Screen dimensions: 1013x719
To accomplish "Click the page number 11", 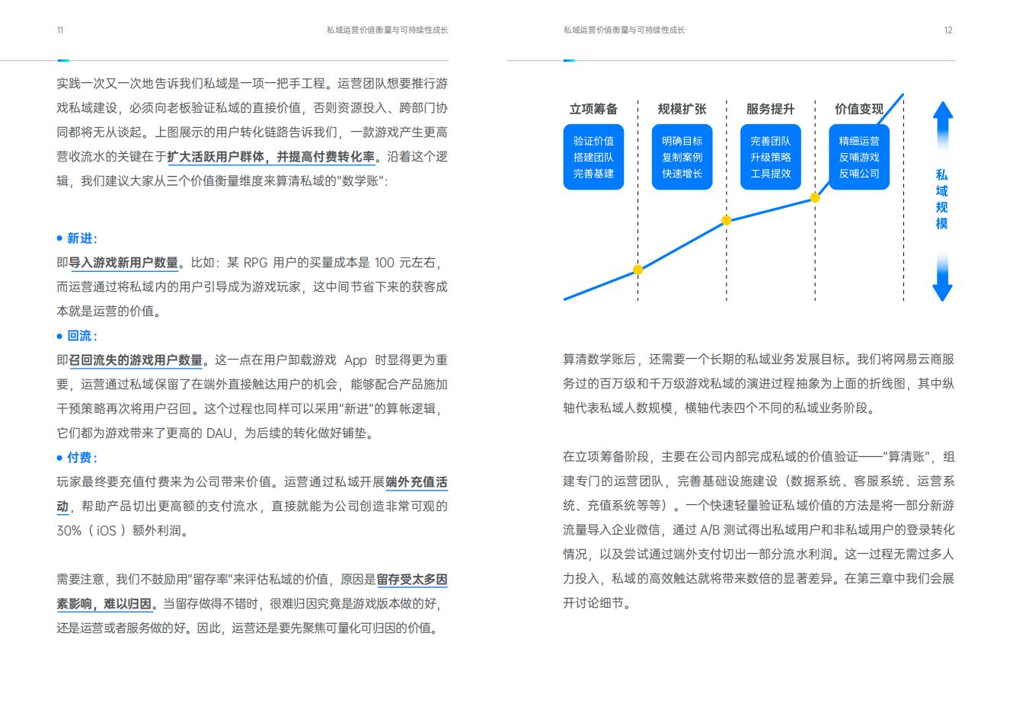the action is coord(60,30).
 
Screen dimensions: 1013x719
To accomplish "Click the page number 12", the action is coord(948,30).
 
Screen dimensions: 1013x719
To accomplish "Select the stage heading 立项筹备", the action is coord(593,109).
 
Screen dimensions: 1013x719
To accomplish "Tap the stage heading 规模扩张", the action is coord(682,109).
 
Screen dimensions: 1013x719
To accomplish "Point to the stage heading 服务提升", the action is coord(770,109).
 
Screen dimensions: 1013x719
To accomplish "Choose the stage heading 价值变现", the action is coord(859,109).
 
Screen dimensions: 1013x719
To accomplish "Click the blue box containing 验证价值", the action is coord(593,157).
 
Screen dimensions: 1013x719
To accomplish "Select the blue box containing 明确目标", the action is coord(682,157).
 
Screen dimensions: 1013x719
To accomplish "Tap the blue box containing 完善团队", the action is coord(770,157).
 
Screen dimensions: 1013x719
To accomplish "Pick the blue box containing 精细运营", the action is coord(859,157).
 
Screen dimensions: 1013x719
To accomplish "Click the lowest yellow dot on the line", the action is coord(638,270).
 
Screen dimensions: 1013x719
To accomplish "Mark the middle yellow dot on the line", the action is coord(727,220).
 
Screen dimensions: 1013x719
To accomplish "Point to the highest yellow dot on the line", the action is coord(815,197).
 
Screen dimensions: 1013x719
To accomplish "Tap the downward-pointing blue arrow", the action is coord(942,276).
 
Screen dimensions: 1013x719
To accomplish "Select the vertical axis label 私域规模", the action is coord(941,199).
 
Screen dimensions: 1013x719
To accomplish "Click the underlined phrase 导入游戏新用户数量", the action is coord(123,263).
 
